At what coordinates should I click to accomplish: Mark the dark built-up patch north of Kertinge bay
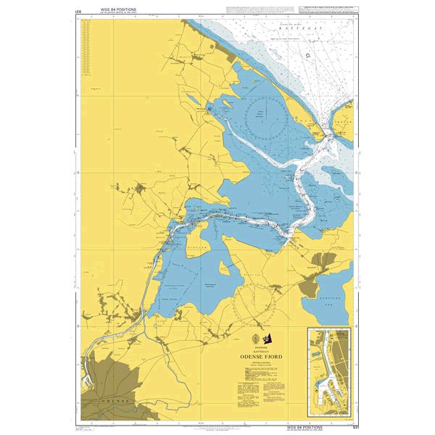tap(319, 262)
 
